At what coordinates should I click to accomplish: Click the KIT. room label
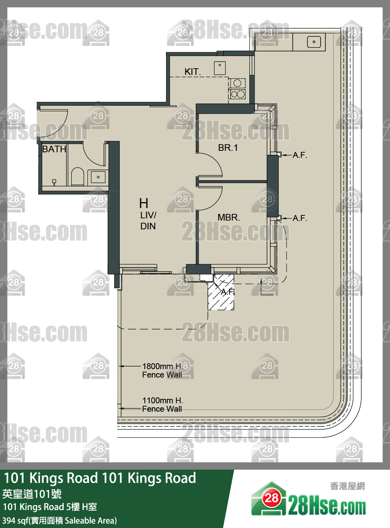coord(192,72)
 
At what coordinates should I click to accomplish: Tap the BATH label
coord(54,149)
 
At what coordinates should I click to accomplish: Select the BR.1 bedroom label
coord(228,148)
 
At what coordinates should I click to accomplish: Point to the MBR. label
coord(229,217)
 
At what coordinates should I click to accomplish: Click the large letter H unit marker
coord(144,203)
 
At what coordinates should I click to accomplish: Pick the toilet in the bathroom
coord(77,176)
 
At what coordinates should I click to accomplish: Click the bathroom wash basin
coord(98,177)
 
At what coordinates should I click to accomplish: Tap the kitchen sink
coord(220,68)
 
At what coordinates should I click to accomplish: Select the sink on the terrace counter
coord(314,42)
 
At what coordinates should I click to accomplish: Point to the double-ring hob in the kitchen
coord(237,94)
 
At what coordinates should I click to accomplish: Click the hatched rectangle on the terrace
coord(221,292)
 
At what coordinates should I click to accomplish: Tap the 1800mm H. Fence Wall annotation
coord(162,371)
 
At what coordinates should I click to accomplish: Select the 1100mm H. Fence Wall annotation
coord(162,405)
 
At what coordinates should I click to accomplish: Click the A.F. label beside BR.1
coord(300,155)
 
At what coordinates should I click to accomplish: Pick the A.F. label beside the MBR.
coord(300,218)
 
